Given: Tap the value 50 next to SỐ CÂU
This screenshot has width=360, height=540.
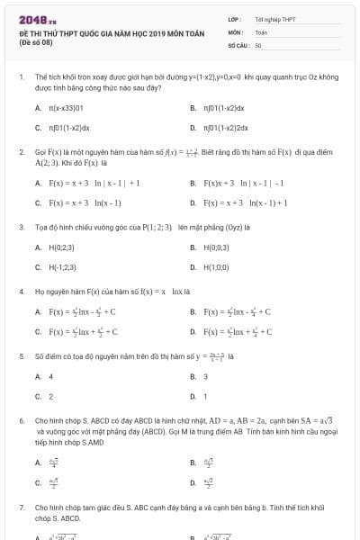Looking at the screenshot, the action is click(x=258, y=44).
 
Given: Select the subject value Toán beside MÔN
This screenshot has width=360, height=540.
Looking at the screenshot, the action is click(x=261, y=31).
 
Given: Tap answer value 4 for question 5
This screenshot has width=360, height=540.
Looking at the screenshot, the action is click(x=50, y=376).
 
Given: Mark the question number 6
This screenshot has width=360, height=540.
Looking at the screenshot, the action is click(x=21, y=420).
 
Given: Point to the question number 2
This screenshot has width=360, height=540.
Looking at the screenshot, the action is click(x=21, y=153).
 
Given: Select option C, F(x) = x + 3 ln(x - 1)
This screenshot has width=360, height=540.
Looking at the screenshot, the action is click(x=85, y=203).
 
